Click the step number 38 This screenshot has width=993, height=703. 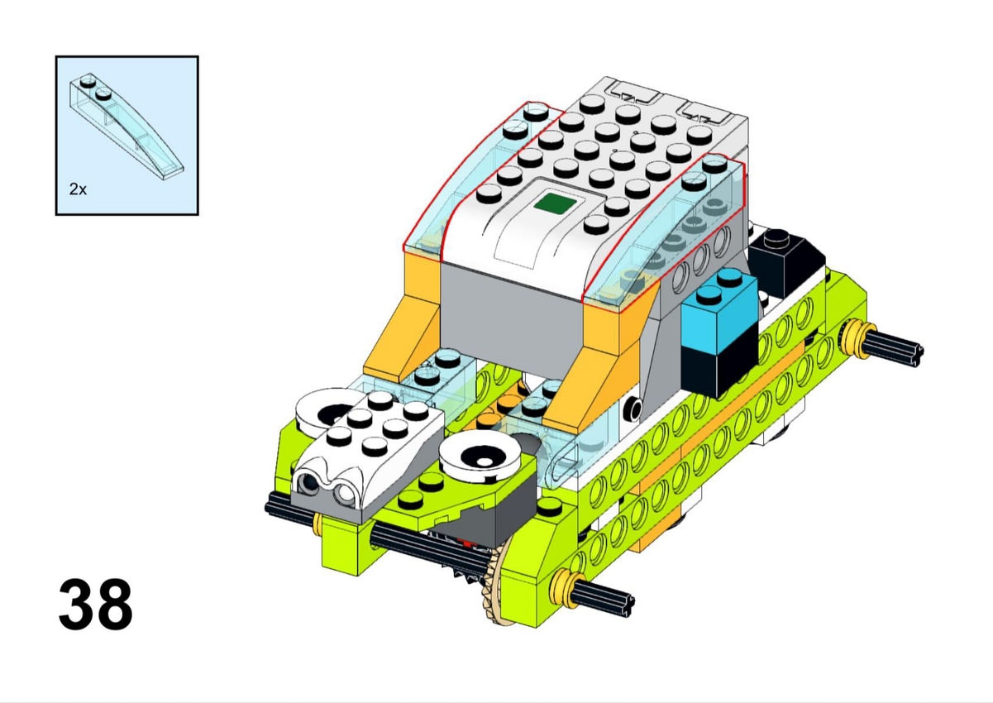pyautogui.click(x=96, y=604)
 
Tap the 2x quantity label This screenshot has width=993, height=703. pyautogui.click(x=78, y=189)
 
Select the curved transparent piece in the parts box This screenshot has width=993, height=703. pyautogui.click(x=127, y=127)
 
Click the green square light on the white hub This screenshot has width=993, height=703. pyautogui.click(x=555, y=203)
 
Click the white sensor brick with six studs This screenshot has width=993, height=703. pyautogui.click(x=370, y=457)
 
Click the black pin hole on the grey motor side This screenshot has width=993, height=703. pyautogui.click(x=633, y=408)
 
